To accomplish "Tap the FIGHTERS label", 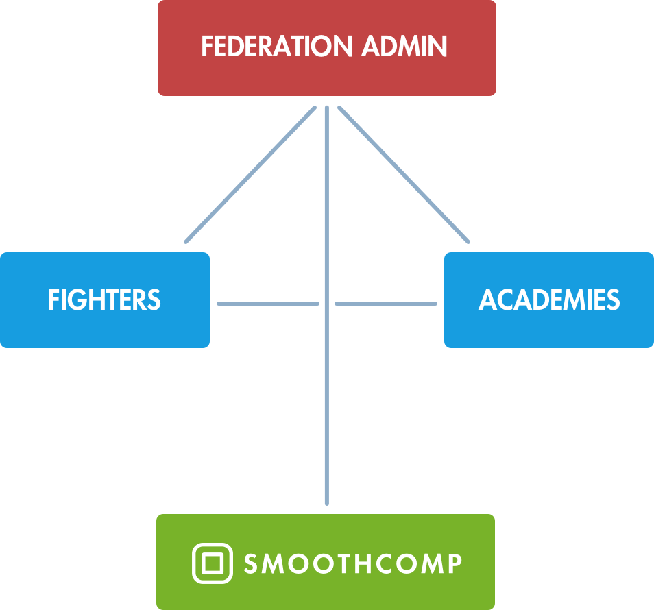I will tap(104, 300).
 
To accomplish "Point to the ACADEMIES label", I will tap(549, 300).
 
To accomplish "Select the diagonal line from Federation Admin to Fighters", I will tap(250, 175).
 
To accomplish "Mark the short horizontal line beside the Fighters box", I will tap(267, 303).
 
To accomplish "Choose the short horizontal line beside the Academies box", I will tap(386, 303).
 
